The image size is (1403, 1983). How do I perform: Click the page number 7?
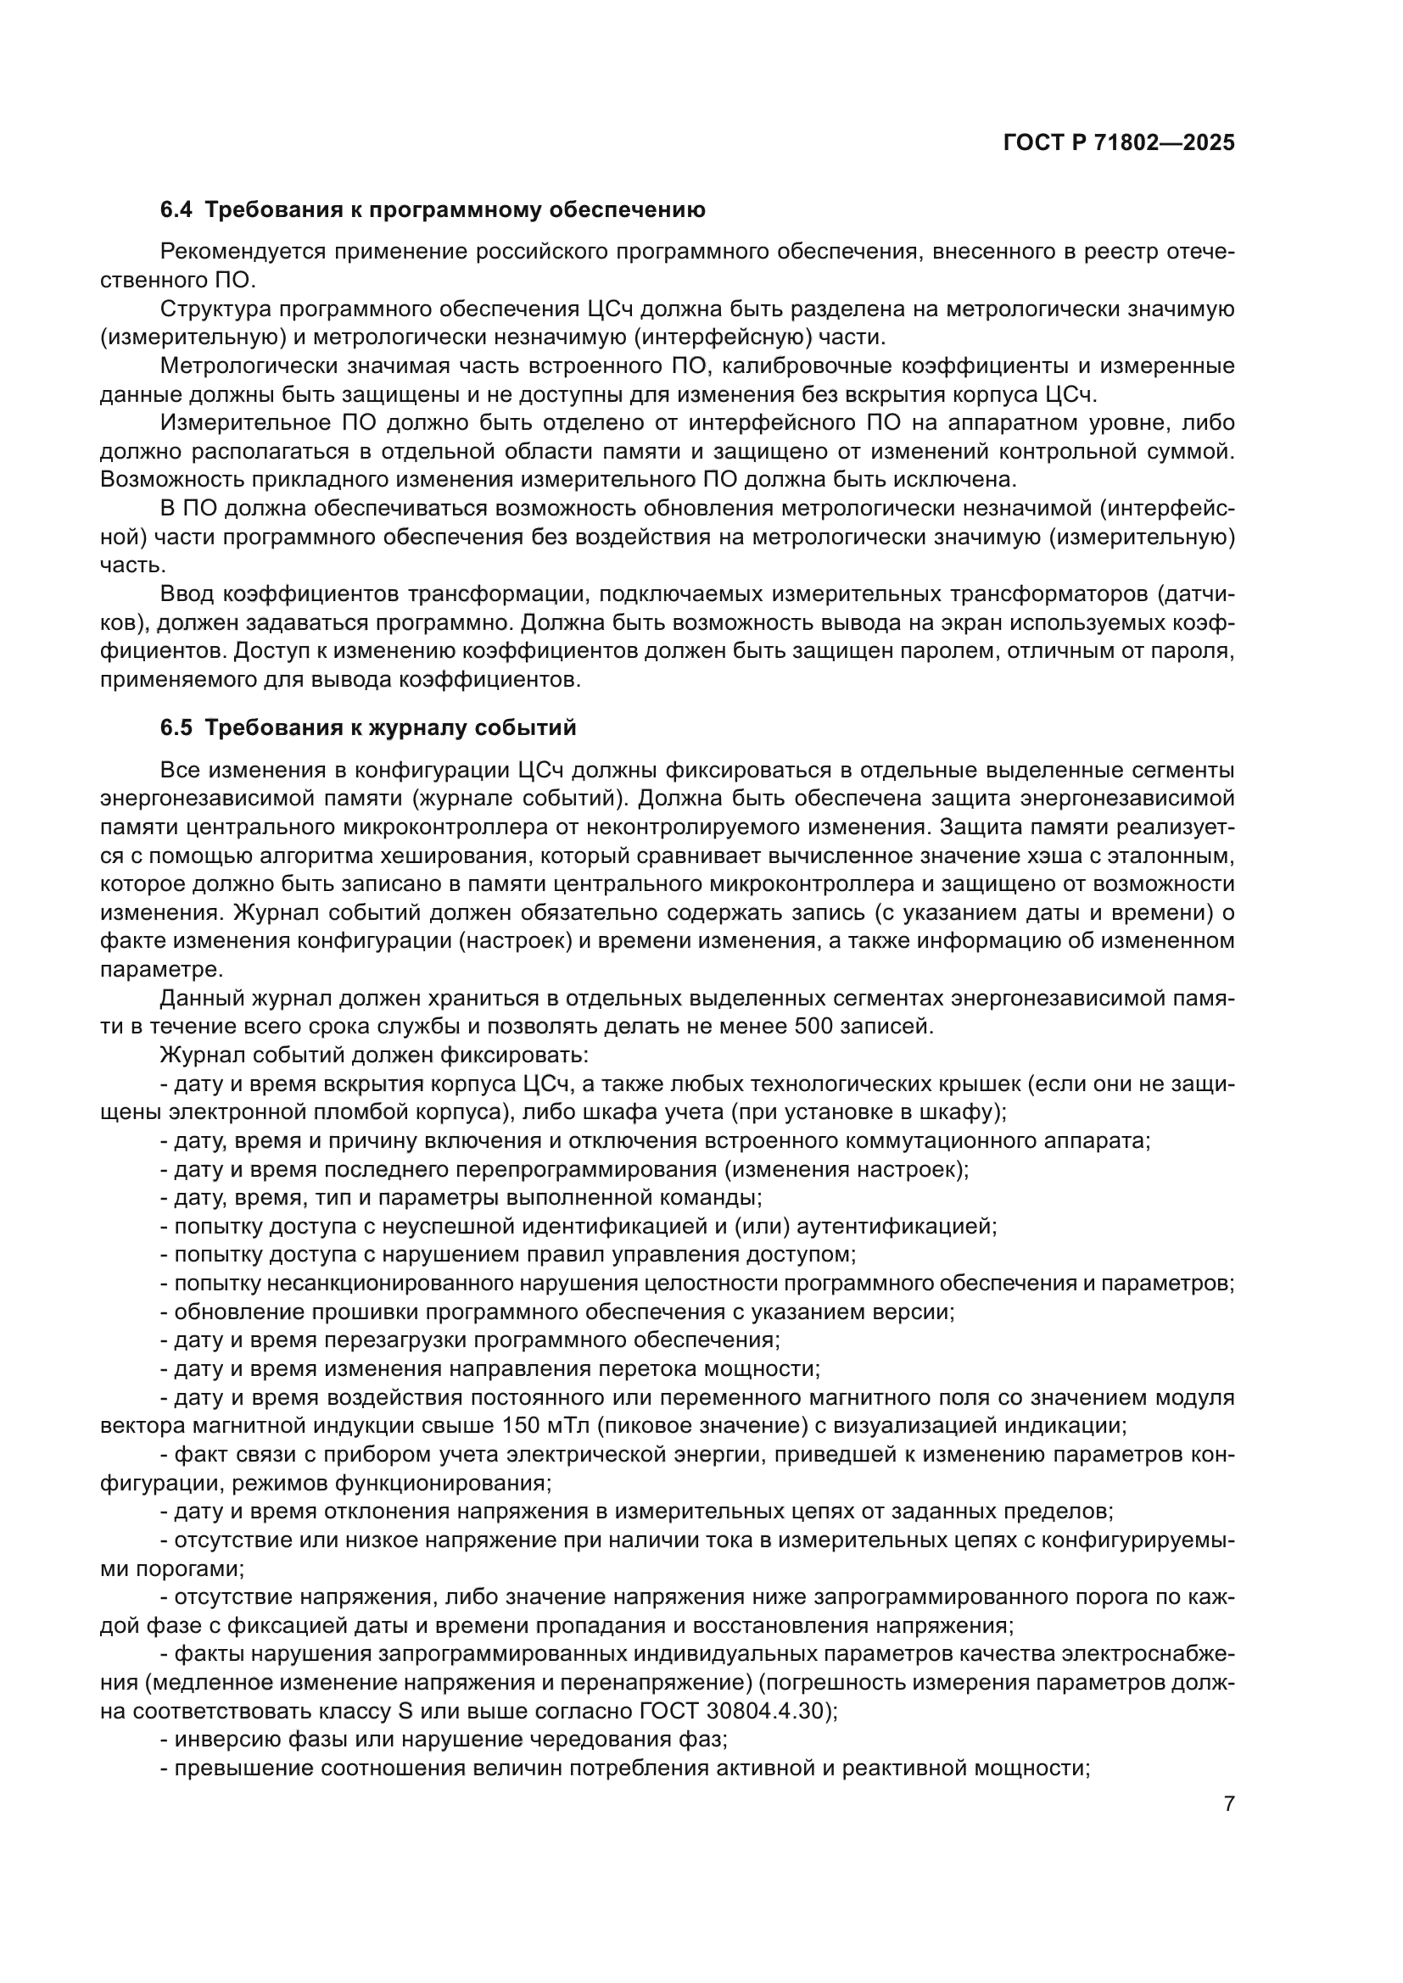click(x=1229, y=1803)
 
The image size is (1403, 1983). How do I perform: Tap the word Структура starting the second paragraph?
click(x=215, y=309)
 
